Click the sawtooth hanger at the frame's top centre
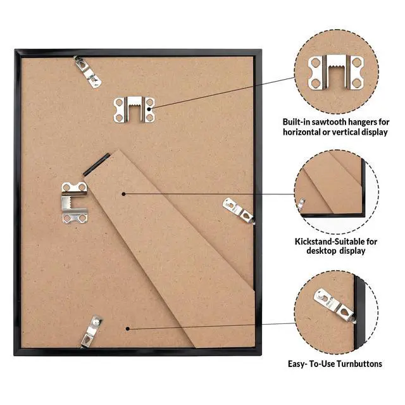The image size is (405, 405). (134, 109)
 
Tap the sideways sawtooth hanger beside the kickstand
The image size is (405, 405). (75, 202)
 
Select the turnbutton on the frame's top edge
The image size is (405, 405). (87, 72)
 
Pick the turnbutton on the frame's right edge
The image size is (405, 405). (239, 211)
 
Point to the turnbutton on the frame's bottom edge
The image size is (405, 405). (91, 332)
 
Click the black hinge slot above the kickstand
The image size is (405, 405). (97, 164)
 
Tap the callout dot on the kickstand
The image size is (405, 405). (124, 194)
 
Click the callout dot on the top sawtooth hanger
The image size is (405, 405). (149, 109)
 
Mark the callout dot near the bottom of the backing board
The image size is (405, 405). (128, 328)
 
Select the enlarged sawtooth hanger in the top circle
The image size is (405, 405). (336, 72)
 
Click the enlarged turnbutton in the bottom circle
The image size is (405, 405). (335, 306)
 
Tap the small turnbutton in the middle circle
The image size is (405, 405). (301, 203)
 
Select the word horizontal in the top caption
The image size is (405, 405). (301, 132)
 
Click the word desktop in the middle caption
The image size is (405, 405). (321, 251)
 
